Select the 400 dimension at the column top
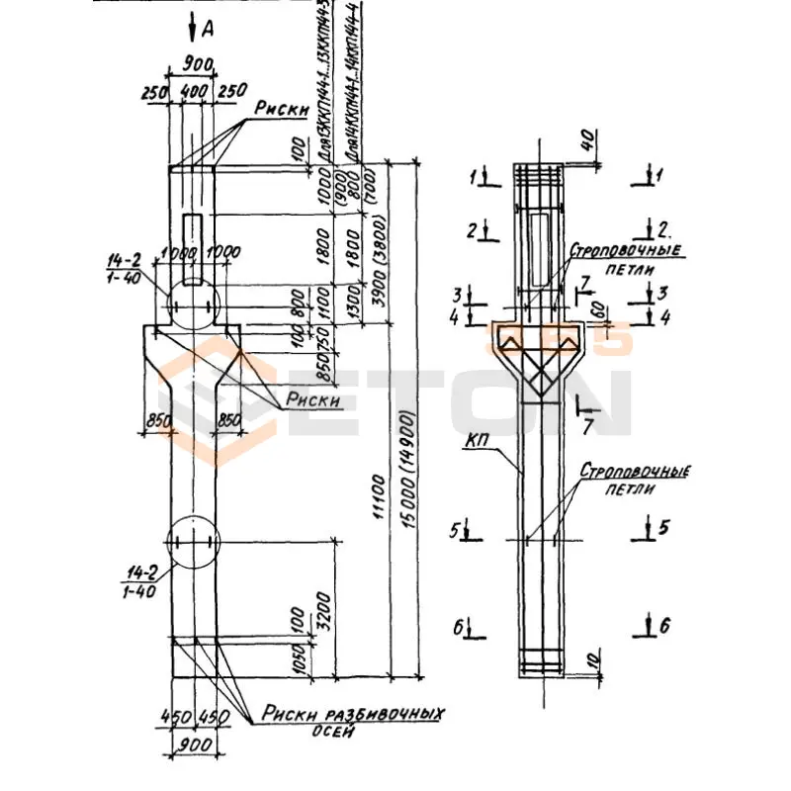point(196,90)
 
